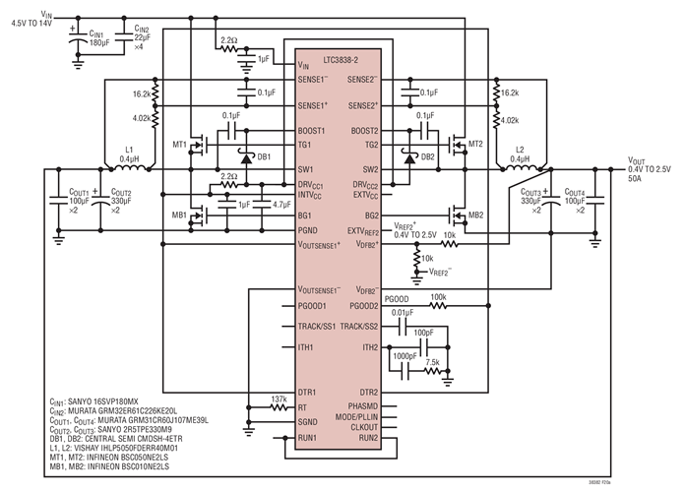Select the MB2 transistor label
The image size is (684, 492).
475,215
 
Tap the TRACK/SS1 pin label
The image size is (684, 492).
319,326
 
